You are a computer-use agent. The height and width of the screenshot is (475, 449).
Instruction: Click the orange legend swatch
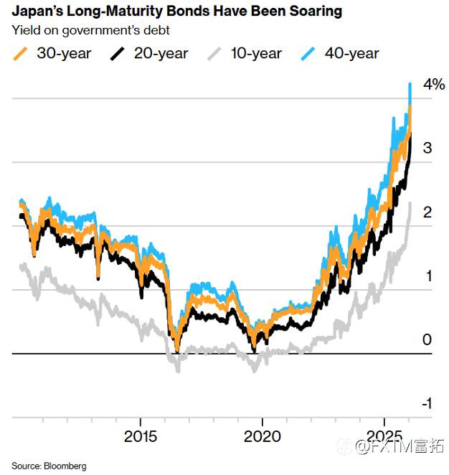point(21,53)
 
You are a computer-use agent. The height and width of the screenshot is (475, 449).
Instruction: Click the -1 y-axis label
point(426,404)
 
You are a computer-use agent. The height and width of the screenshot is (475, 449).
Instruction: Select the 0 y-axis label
point(427,340)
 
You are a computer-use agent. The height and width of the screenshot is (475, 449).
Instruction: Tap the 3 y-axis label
point(427,149)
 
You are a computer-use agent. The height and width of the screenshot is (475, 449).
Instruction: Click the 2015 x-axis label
point(141,437)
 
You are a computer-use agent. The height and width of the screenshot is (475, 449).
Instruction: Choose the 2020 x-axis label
point(263,437)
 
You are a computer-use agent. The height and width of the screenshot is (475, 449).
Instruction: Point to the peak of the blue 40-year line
point(410,84)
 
